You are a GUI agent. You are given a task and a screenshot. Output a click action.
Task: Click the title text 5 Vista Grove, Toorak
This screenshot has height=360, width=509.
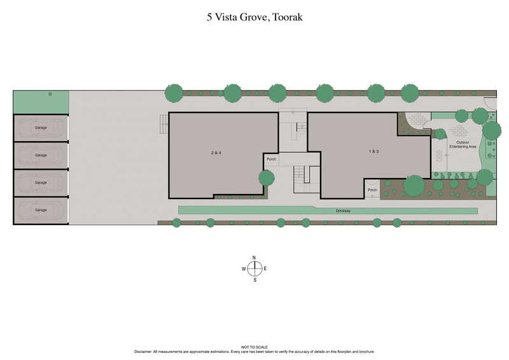point(254,17)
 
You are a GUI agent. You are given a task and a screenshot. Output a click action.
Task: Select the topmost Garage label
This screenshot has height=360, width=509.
point(41,128)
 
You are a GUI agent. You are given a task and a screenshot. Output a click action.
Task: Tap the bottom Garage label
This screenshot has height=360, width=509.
point(41,210)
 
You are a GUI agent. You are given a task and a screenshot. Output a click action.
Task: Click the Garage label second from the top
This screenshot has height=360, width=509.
point(41,155)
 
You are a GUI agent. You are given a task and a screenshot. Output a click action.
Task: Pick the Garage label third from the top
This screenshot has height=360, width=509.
point(41,183)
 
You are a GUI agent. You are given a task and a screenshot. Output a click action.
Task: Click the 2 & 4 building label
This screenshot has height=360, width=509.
point(215,153)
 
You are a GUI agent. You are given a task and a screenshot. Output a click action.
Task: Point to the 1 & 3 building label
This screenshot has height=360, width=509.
point(373,152)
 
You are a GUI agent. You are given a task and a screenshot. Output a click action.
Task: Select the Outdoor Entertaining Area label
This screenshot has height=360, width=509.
point(463,144)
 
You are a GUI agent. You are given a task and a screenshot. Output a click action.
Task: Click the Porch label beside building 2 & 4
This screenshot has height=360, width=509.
point(271,159)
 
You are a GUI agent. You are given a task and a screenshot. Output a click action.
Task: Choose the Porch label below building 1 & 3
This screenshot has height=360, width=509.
point(372,190)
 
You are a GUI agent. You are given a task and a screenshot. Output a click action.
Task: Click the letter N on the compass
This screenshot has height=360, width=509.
point(254,258)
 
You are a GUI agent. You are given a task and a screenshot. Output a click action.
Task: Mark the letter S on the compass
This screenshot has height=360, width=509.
point(254,280)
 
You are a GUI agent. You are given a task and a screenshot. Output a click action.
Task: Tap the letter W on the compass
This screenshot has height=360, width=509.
point(243,269)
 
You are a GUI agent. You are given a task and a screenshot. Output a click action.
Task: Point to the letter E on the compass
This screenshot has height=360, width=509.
point(265,269)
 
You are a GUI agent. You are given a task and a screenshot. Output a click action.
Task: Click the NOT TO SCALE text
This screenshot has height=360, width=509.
point(254,347)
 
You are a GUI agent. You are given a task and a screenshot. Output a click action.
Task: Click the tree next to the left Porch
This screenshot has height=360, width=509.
point(266,177)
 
